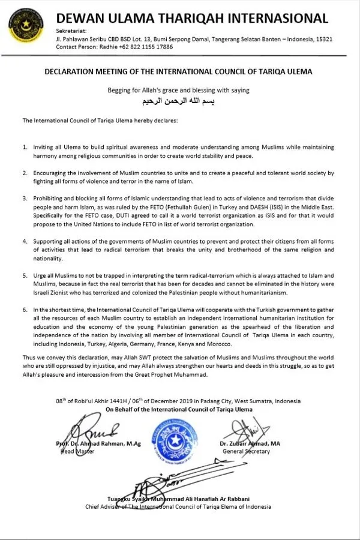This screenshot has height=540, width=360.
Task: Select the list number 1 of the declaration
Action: (25, 147)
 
